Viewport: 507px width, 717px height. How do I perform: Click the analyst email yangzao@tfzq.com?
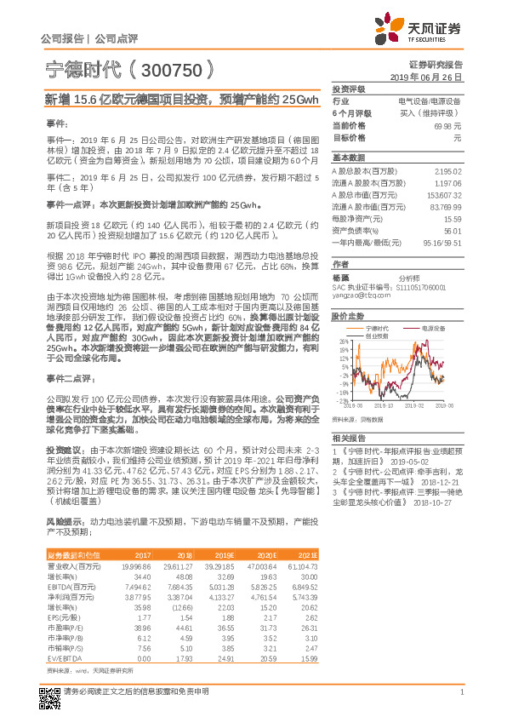(x=356, y=295)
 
